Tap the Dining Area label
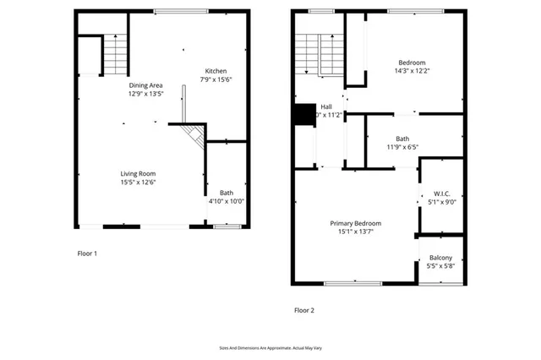(x=145, y=85)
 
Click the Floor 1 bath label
(x=226, y=193)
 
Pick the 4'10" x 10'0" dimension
(x=226, y=201)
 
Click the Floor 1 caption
(x=87, y=254)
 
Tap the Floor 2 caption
(x=303, y=310)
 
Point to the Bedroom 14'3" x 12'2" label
(x=412, y=68)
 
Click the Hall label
(x=326, y=106)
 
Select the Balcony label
(x=440, y=258)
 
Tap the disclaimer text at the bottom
(x=270, y=347)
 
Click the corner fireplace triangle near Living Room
(x=195, y=135)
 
